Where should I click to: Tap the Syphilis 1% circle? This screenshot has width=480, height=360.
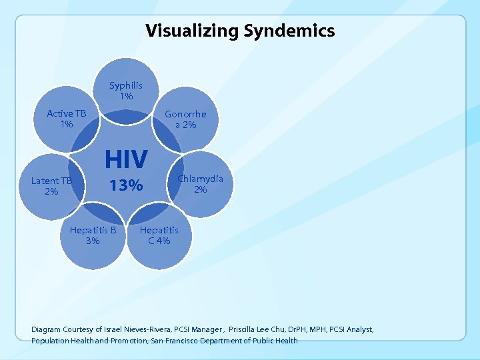(x=126, y=91)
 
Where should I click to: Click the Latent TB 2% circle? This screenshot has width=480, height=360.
(x=51, y=185)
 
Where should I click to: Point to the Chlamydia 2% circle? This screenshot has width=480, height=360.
(x=200, y=184)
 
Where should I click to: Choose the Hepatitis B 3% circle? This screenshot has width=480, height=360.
(x=93, y=235)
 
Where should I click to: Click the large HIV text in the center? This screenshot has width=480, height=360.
(x=126, y=159)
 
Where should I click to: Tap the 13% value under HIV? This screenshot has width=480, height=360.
(x=126, y=186)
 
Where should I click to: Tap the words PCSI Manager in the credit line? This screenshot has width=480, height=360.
(x=197, y=329)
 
